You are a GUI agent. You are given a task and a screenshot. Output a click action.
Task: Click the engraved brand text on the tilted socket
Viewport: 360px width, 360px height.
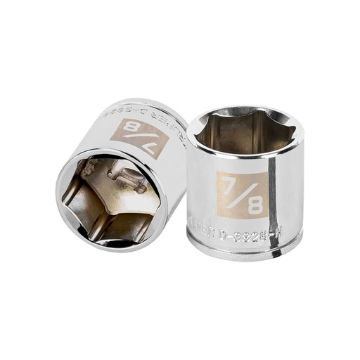(x=175, y=130)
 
